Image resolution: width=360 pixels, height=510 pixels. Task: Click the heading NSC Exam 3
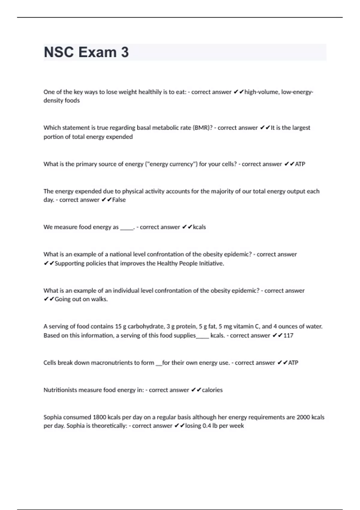[x=86, y=52]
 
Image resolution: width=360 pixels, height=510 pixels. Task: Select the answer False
[x=119, y=200]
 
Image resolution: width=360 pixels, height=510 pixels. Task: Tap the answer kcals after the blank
[x=199, y=227]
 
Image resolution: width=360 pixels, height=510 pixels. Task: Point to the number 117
[x=288, y=335]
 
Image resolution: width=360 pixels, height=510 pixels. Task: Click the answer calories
[x=212, y=390]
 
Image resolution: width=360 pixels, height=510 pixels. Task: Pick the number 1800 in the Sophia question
[x=99, y=417]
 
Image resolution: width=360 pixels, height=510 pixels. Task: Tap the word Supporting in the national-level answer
[x=70, y=263]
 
